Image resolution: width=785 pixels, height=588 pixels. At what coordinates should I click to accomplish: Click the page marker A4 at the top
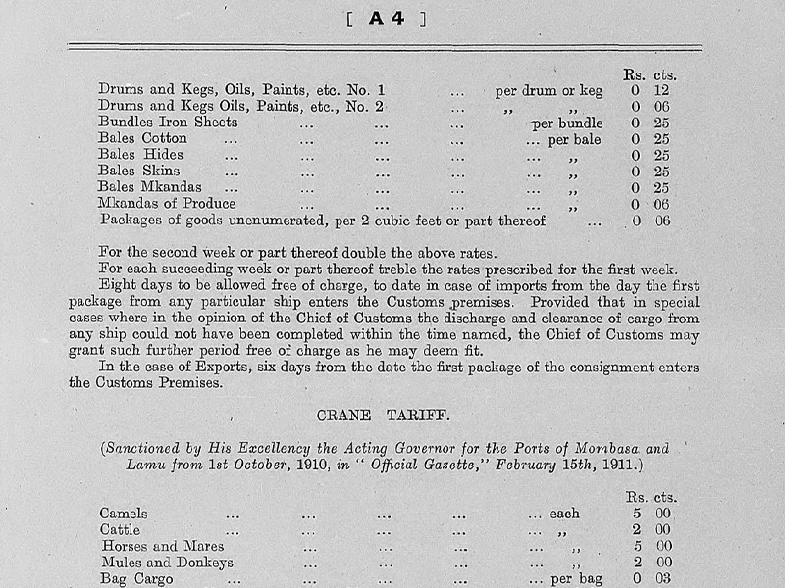392,18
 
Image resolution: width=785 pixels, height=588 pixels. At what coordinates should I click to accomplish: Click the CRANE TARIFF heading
385,415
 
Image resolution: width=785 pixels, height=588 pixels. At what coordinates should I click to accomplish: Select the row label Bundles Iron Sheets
168,122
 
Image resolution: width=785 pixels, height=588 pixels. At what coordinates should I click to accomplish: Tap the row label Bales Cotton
142,138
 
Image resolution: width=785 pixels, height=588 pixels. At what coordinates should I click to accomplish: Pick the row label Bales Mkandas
150,186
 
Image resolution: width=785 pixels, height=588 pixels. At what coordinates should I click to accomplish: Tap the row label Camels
124,514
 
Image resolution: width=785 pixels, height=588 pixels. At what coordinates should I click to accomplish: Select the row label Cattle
121,529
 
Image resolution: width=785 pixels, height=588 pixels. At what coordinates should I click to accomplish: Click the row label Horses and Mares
161,546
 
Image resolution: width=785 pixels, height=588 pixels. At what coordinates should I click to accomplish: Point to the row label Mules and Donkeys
166,563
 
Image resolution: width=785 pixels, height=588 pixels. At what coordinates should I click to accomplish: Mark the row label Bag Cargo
136,578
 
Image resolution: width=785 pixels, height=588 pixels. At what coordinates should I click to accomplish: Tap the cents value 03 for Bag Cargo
664,578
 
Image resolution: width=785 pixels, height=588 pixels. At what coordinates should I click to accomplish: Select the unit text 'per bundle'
567,123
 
